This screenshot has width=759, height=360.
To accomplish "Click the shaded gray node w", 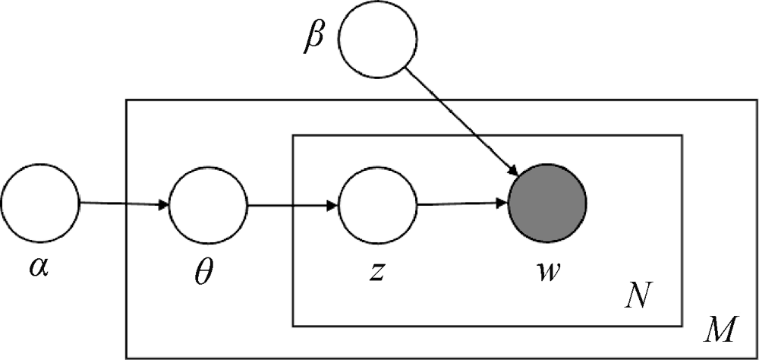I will [547, 203].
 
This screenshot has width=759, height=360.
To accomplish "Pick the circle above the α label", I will [40, 203].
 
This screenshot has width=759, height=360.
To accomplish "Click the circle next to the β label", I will [377, 40].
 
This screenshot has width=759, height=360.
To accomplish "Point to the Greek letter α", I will [39, 268].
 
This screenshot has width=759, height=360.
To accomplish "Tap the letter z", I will [376, 270].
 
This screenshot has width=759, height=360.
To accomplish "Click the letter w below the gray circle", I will [546, 270].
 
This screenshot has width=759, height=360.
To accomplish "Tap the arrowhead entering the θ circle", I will [164, 205].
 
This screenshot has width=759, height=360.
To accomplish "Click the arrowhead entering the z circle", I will [333, 205].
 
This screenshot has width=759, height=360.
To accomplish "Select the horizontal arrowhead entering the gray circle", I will [502, 204].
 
